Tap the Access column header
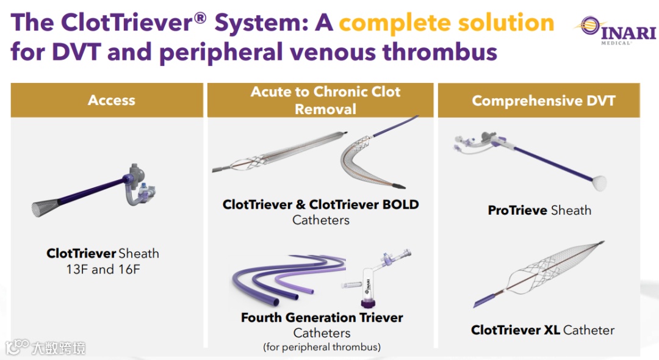pyautogui.click(x=111, y=100)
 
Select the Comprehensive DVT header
pyautogui.click(x=543, y=101)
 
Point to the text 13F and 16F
pyautogui.click(x=103, y=269)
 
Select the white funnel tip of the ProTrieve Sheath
pyautogui.click(x=599, y=181)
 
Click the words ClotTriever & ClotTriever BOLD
pyautogui.click(x=320, y=204)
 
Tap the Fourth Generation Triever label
pyautogui.click(x=322, y=318)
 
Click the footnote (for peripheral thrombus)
pyautogui.click(x=322, y=347)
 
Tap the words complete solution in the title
pyautogui.click(x=446, y=23)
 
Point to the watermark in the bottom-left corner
pyautogui.click(x=46, y=348)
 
